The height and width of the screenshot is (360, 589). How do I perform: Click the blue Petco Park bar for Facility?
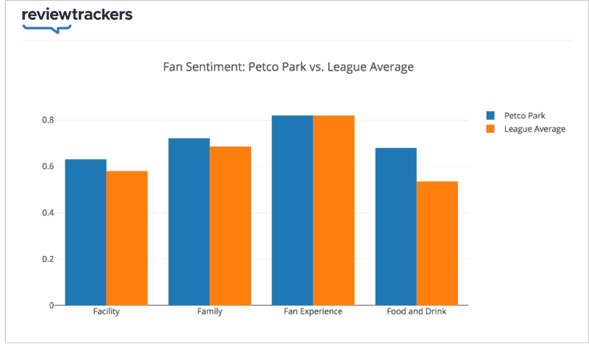(x=85, y=232)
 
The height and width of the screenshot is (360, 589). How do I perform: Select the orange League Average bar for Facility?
(x=127, y=238)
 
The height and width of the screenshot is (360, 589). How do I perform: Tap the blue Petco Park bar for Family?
(x=189, y=222)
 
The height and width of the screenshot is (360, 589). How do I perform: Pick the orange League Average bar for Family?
(x=230, y=226)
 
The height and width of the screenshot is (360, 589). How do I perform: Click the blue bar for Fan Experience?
(x=292, y=211)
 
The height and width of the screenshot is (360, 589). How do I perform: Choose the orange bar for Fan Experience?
(x=334, y=211)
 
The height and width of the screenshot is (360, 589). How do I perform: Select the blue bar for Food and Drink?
(x=396, y=227)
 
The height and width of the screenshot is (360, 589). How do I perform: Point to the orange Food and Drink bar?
(x=437, y=243)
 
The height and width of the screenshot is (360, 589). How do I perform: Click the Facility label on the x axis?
(x=106, y=311)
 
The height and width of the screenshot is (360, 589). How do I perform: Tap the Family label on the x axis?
(x=210, y=311)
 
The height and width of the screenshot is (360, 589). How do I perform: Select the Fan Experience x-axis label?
(x=313, y=311)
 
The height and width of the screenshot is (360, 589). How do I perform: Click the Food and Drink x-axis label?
(x=417, y=311)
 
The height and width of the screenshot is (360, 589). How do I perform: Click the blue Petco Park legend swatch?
(x=490, y=116)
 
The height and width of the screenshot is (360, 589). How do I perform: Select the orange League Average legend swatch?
(x=490, y=129)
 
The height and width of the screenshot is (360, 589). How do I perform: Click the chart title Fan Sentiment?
(x=288, y=67)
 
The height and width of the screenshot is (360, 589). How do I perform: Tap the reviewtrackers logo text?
(x=77, y=15)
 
